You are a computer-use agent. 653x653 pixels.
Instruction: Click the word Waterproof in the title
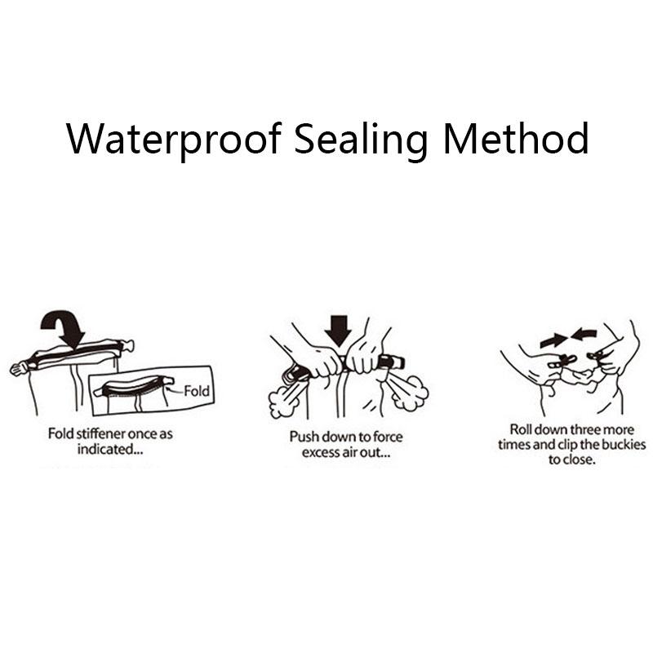(x=174, y=139)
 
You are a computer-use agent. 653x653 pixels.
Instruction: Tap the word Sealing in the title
(x=361, y=139)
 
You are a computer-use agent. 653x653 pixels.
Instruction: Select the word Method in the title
(x=516, y=138)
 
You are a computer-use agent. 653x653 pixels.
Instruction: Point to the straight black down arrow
(x=338, y=331)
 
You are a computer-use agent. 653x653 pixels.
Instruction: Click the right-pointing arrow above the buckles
(x=553, y=341)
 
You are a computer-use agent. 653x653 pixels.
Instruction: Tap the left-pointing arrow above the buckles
(x=584, y=333)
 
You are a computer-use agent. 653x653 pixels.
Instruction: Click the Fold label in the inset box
(x=197, y=391)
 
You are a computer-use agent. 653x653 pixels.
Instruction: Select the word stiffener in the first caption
(x=97, y=433)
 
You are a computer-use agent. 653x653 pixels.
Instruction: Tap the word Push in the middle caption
(x=304, y=437)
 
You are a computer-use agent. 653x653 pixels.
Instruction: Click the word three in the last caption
(x=585, y=429)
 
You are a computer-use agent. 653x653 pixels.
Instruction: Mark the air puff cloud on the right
(x=411, y=393)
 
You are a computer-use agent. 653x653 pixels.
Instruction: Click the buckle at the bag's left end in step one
(x=18, y=369)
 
